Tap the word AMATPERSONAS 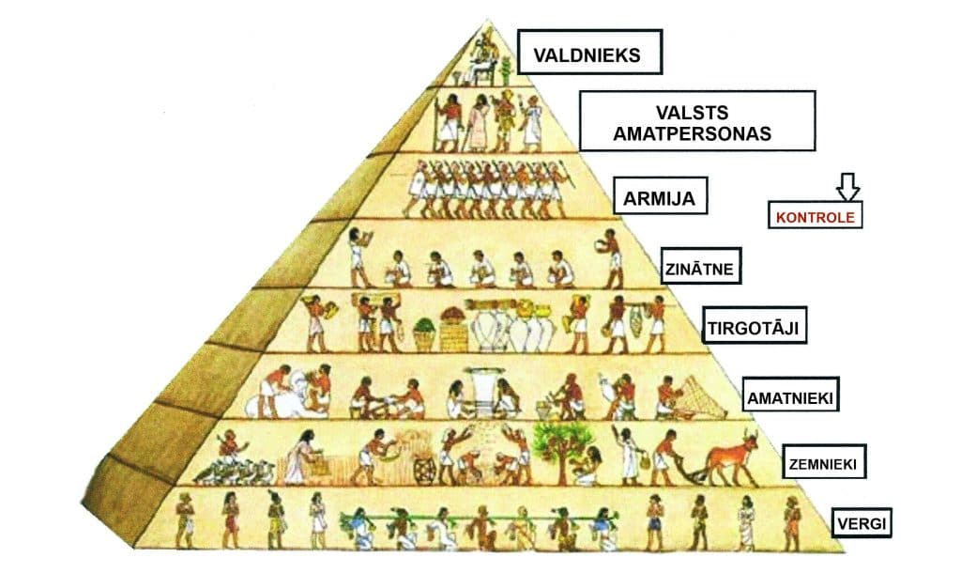(692, 133)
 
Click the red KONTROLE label (815, 216)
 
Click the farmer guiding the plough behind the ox (665, 457)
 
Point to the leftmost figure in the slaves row (186, 520)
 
